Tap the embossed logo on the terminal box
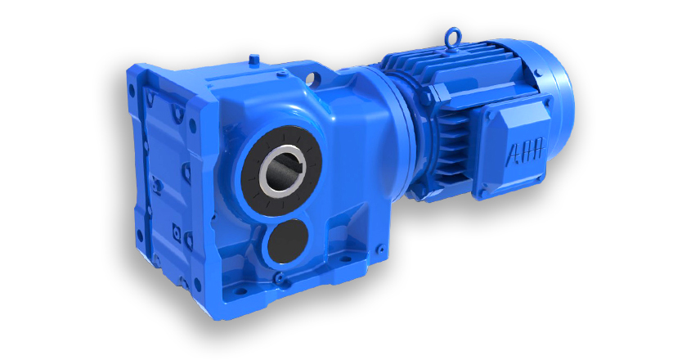(525, 153)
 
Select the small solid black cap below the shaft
(288, 241)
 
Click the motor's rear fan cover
(557, 105)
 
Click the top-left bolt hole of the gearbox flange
(132, 91)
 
